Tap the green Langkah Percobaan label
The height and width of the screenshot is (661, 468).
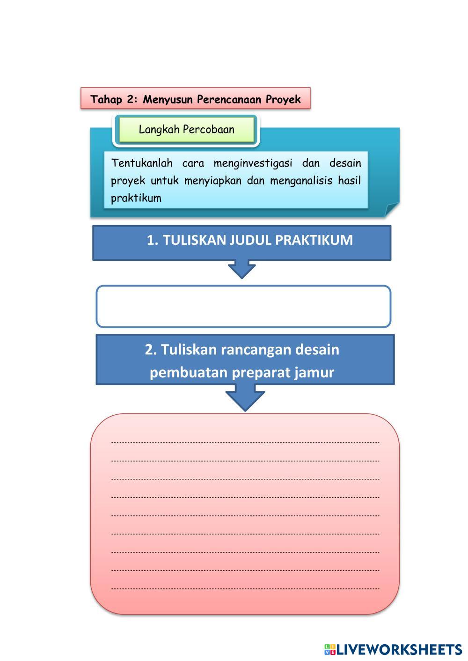coord(186,130)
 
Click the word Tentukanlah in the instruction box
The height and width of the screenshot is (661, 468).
coord(142,163)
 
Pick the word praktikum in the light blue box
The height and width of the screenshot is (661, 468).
coord(136,198)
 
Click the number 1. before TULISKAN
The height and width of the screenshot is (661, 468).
coord(153,240)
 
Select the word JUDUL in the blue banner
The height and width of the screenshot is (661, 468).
coord(250,240)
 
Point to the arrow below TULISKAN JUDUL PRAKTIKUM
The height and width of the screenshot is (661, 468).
coord(241,270)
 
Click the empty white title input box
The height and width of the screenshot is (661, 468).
coord(243,306)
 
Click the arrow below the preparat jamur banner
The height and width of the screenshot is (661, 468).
coord(245,397)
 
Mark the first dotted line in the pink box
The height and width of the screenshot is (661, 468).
coord(245,442)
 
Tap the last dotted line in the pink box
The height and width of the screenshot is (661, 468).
coord(245,588)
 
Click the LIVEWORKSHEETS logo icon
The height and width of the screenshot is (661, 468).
coord(329,649)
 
